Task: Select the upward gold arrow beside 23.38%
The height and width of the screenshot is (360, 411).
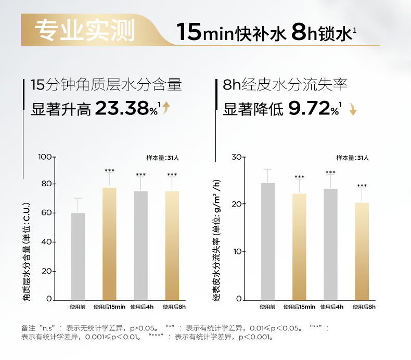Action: point(166,108)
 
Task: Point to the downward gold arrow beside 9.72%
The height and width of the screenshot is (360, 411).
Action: point(352,109)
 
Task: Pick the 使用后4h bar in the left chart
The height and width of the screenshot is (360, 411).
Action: point(140,245)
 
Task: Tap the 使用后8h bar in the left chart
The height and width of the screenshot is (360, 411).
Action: point(172,245)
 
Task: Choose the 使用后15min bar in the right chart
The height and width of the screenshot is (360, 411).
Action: point(299,246)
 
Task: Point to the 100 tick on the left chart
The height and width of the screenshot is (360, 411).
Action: point(46,157)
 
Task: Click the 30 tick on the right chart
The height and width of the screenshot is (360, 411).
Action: point(237,157)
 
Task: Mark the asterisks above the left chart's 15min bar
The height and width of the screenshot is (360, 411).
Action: point(109,171)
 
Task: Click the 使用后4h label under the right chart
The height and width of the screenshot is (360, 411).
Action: point(331,307)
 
